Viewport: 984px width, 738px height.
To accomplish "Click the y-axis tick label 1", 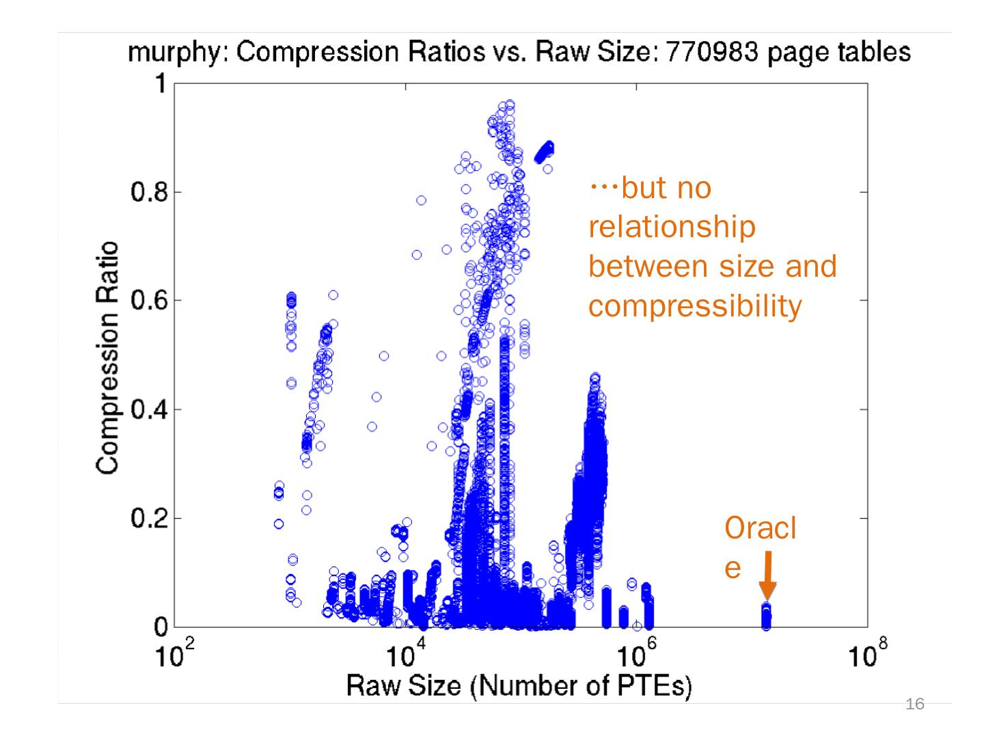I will (161, 84).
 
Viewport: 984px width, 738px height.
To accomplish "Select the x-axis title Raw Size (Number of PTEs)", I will (519, 685).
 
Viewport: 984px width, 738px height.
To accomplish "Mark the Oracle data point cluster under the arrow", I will (767, 617).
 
